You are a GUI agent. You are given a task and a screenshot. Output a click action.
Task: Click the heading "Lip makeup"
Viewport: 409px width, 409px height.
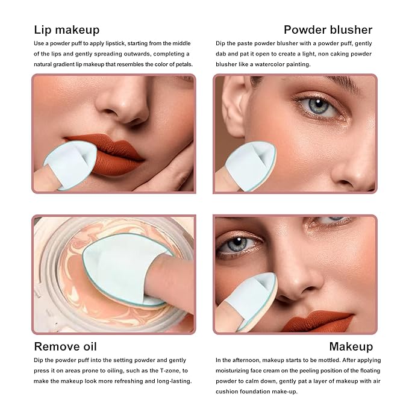[x=67, y=30]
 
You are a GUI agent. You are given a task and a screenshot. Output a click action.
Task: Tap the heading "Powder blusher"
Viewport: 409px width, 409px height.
[x=328, y=30]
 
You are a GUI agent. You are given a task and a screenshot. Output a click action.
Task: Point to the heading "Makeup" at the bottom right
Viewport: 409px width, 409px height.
[x=351, y=346]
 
